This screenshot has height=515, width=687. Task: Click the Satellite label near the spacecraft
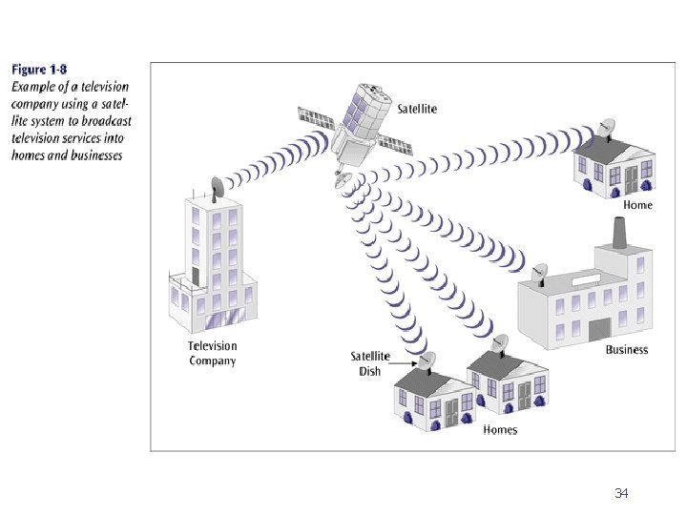pyautogui.click(x=417, y=109)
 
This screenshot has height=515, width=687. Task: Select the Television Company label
pyautogui.click(x=212, y=353)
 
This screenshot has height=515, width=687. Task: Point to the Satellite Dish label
pyautogui.click(x=370, y=363)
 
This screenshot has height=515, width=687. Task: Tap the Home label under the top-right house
pyautogui.click(x=637, y=205)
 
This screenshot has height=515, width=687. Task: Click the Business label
pyautogui.click(x=626, y=350)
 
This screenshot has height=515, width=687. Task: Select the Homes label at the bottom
pyautogui.click(x=500, y=430)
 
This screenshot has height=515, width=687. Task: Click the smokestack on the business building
pyautogui.click(x=617, y=232)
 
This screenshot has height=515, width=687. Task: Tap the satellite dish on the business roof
pyautogui.click(x=540, y=274)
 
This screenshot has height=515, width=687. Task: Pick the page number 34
pyautogui.click(x=621, y=493)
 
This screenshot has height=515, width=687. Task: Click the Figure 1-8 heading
pyautogui.click(x=39, y=70)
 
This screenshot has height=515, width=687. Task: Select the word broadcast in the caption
pyautogui.click(x=107, y=120)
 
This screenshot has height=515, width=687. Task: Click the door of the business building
pyautogui.click(x=599, y=329)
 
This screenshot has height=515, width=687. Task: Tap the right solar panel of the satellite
pyautogui.click(x=397, y=144)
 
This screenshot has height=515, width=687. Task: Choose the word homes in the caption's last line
pyautogui.click(x=31, y=154)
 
